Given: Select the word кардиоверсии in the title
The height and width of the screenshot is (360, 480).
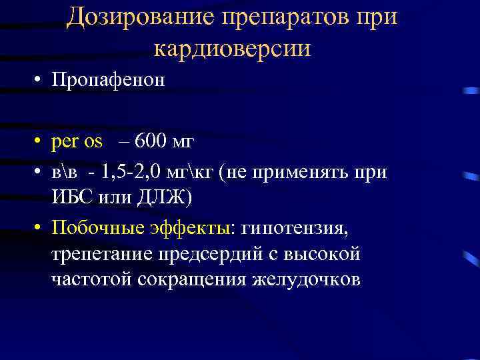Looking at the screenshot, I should point(232,49).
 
